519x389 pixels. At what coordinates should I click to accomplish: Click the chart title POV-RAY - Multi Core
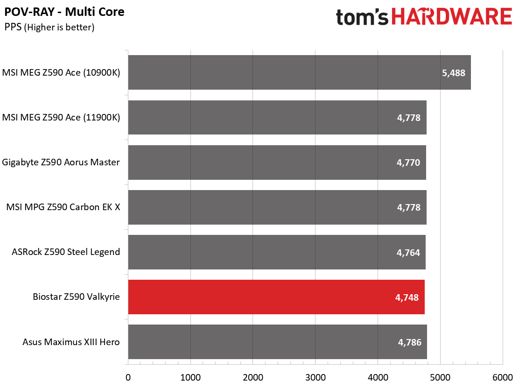point(64,12)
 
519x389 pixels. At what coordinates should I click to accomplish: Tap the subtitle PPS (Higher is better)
point(49,27)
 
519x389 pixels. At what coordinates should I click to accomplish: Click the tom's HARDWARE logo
point(424,17)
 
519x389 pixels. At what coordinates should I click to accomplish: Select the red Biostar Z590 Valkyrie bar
point(276,297)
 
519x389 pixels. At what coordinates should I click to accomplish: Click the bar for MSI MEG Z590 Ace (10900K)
point(300,72)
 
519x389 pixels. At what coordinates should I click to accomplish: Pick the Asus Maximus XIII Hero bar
point(277,342)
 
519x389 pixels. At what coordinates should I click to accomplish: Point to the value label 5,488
point(454,73)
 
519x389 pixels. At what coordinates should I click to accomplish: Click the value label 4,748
point(407,297)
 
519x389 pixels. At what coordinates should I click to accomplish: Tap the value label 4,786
point(409,342)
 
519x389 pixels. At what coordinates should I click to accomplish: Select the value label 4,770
point(408,163)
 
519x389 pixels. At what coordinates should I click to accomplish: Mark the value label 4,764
point(408,253)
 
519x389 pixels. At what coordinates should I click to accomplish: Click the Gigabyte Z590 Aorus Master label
point(61,163)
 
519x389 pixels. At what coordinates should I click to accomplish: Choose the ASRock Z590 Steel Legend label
point(66,252)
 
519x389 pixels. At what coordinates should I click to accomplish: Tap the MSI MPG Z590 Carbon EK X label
point(63,207)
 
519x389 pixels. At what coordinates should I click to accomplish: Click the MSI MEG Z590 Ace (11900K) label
point(61,118)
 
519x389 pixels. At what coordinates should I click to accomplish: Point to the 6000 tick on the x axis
point(503,377)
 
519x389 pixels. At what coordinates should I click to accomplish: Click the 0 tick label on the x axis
point(128,377)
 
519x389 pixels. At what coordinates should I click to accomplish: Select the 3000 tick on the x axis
point(316,377)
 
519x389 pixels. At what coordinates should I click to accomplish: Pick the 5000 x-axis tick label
point(440,377)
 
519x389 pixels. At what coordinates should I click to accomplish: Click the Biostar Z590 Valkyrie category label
point(76,297)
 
